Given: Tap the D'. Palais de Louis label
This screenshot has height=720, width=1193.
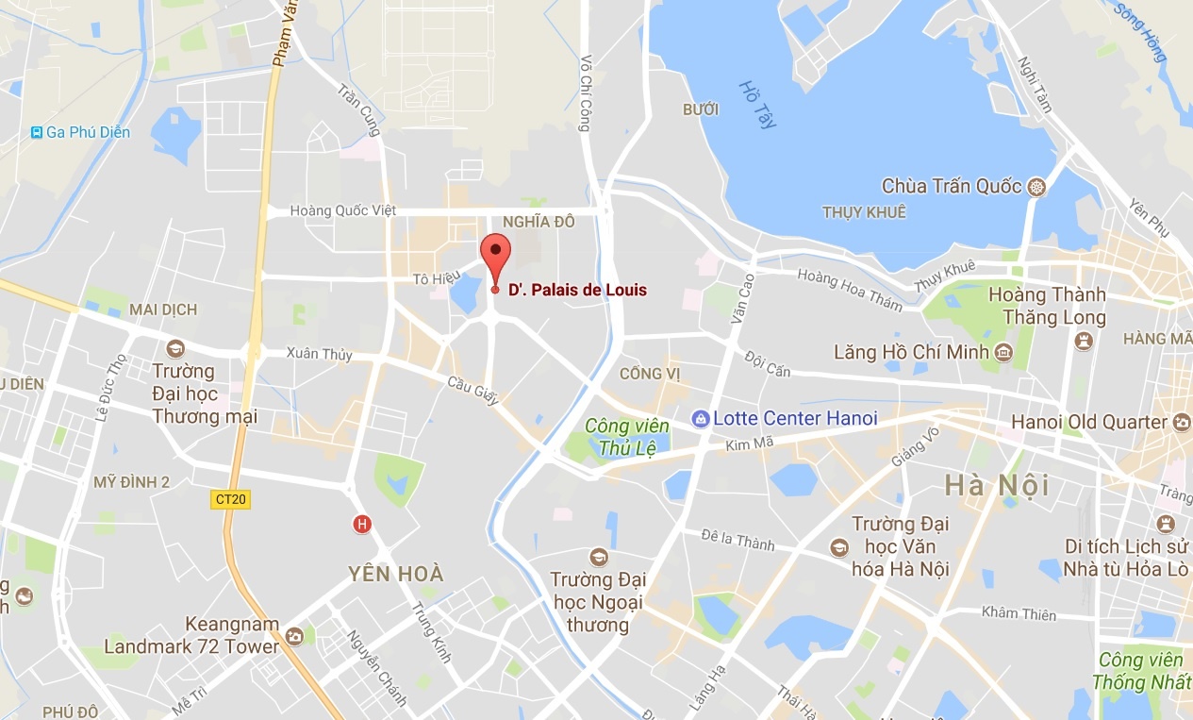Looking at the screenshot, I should tap(577, 291).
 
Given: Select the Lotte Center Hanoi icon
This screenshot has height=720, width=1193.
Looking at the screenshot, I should tap(700, 418).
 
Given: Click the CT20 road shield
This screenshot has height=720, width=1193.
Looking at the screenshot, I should tap(230, 499).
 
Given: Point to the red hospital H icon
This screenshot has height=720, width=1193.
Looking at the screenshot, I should tap(360, 524).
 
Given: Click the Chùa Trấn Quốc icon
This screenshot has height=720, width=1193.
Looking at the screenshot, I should tap(1037, 186).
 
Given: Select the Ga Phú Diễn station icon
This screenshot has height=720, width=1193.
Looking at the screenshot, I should tap(37, 132).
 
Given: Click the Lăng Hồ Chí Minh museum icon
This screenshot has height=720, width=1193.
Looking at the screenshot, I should tap(1003, 353).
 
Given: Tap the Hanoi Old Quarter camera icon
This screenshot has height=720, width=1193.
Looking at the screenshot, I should tap(1181, 422).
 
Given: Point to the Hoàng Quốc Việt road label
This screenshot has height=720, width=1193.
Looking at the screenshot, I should tap(343, 210).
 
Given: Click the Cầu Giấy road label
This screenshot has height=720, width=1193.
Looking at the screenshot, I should tap(473, 391).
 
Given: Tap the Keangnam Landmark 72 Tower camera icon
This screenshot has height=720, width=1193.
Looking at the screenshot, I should tap(295, 637).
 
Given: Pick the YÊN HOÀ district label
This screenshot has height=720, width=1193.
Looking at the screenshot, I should tap(395, 574).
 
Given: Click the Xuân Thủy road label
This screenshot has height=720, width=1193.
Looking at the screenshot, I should tap(320, 355).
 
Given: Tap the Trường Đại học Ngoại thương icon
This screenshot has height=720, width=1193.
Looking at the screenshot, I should tap(597, 557).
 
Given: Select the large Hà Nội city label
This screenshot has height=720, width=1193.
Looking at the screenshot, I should tap(997, 486).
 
